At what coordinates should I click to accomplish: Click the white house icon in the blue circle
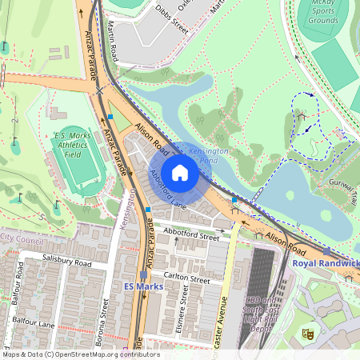click(x=180, y=172)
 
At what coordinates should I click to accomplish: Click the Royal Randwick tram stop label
click(x=326, y=263)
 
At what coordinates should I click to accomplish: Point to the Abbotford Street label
click(x=190, y=237)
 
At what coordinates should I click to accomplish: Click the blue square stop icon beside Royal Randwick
click(x=326, y=252)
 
